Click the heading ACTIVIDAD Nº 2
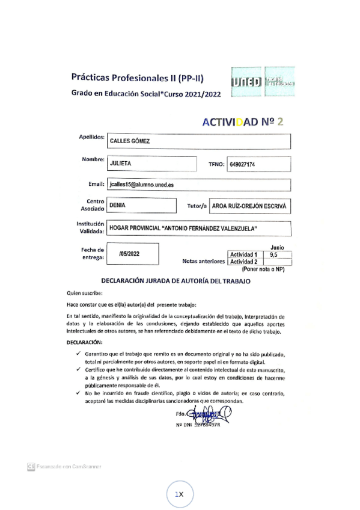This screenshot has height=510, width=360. point(242,121)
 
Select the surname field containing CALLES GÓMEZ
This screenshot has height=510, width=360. point(198,141)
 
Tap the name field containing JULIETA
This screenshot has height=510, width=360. point(152,164)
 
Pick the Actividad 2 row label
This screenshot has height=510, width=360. point(244,262)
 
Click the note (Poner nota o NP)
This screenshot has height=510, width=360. point(262,270)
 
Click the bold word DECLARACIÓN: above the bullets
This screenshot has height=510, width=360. point(85,342)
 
